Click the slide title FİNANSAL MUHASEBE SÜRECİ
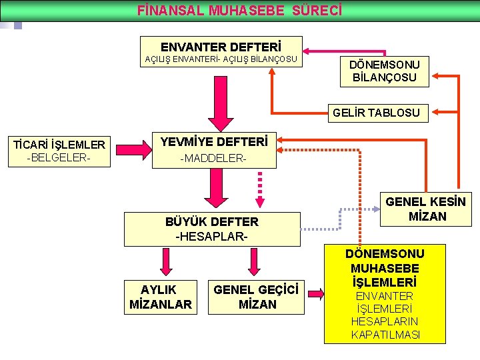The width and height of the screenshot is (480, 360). coord(239,11)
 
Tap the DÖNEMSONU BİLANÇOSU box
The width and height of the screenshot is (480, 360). coord(385,71)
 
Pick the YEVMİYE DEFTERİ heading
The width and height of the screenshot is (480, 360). coord(214,142)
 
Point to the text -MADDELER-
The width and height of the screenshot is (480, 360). coord(213,159)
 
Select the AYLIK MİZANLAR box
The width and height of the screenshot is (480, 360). coord(160,297)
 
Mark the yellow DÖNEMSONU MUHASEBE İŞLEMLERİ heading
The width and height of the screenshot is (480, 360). coord(385,268)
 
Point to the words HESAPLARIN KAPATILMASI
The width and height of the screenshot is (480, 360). coord(385,328)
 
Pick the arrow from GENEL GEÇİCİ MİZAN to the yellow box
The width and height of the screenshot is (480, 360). coord(314,294)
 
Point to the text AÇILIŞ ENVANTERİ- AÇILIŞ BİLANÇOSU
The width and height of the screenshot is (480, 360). coord(221,60)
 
